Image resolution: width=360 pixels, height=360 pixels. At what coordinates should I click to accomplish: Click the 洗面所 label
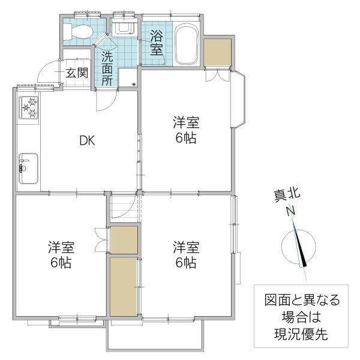click(106, 69)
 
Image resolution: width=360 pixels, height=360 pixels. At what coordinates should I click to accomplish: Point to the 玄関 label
click(76, 73)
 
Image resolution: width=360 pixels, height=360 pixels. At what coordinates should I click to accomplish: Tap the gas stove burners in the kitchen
click(29, 108)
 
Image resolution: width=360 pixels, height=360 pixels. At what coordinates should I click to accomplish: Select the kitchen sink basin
click(28, 168)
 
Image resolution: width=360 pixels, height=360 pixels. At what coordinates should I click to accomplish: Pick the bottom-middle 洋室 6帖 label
click(185, 254)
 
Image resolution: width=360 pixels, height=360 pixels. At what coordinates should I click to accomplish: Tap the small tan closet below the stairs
click(124, 240)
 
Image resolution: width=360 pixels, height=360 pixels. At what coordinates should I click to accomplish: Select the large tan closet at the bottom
click(124, 286)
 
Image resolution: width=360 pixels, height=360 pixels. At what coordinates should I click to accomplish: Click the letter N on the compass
click(290, 211)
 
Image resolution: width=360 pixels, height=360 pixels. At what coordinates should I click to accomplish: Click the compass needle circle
click(298, 246)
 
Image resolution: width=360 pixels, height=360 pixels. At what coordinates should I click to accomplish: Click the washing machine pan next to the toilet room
click(124, 27)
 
